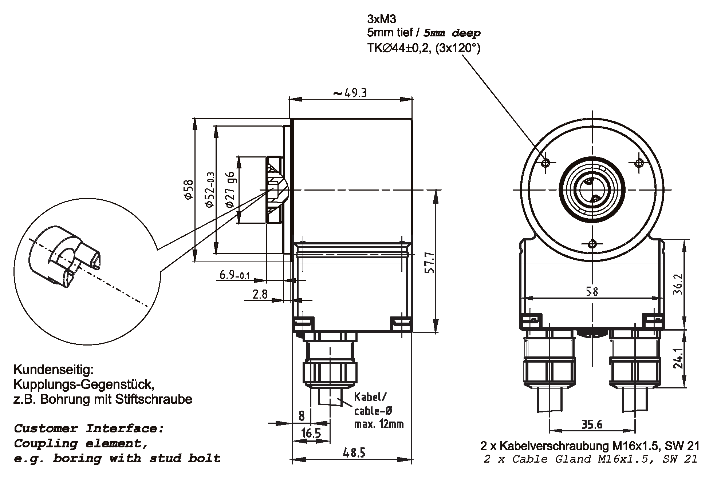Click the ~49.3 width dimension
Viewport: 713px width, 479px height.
350,93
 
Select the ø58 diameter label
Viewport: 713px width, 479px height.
188,189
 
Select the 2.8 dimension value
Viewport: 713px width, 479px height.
260,294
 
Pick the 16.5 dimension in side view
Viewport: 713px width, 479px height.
311,433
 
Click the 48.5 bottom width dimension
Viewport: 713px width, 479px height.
354,453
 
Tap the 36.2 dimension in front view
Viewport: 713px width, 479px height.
678,284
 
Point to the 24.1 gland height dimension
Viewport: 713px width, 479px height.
678,358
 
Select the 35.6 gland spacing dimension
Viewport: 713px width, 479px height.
592,424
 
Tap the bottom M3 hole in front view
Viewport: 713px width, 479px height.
593,244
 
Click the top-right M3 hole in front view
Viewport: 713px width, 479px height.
639,163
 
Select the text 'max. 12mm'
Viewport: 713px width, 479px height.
379,424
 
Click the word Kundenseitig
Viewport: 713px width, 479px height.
54,370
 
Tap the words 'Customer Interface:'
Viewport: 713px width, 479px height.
89,428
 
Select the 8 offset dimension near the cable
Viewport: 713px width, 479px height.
302,416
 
